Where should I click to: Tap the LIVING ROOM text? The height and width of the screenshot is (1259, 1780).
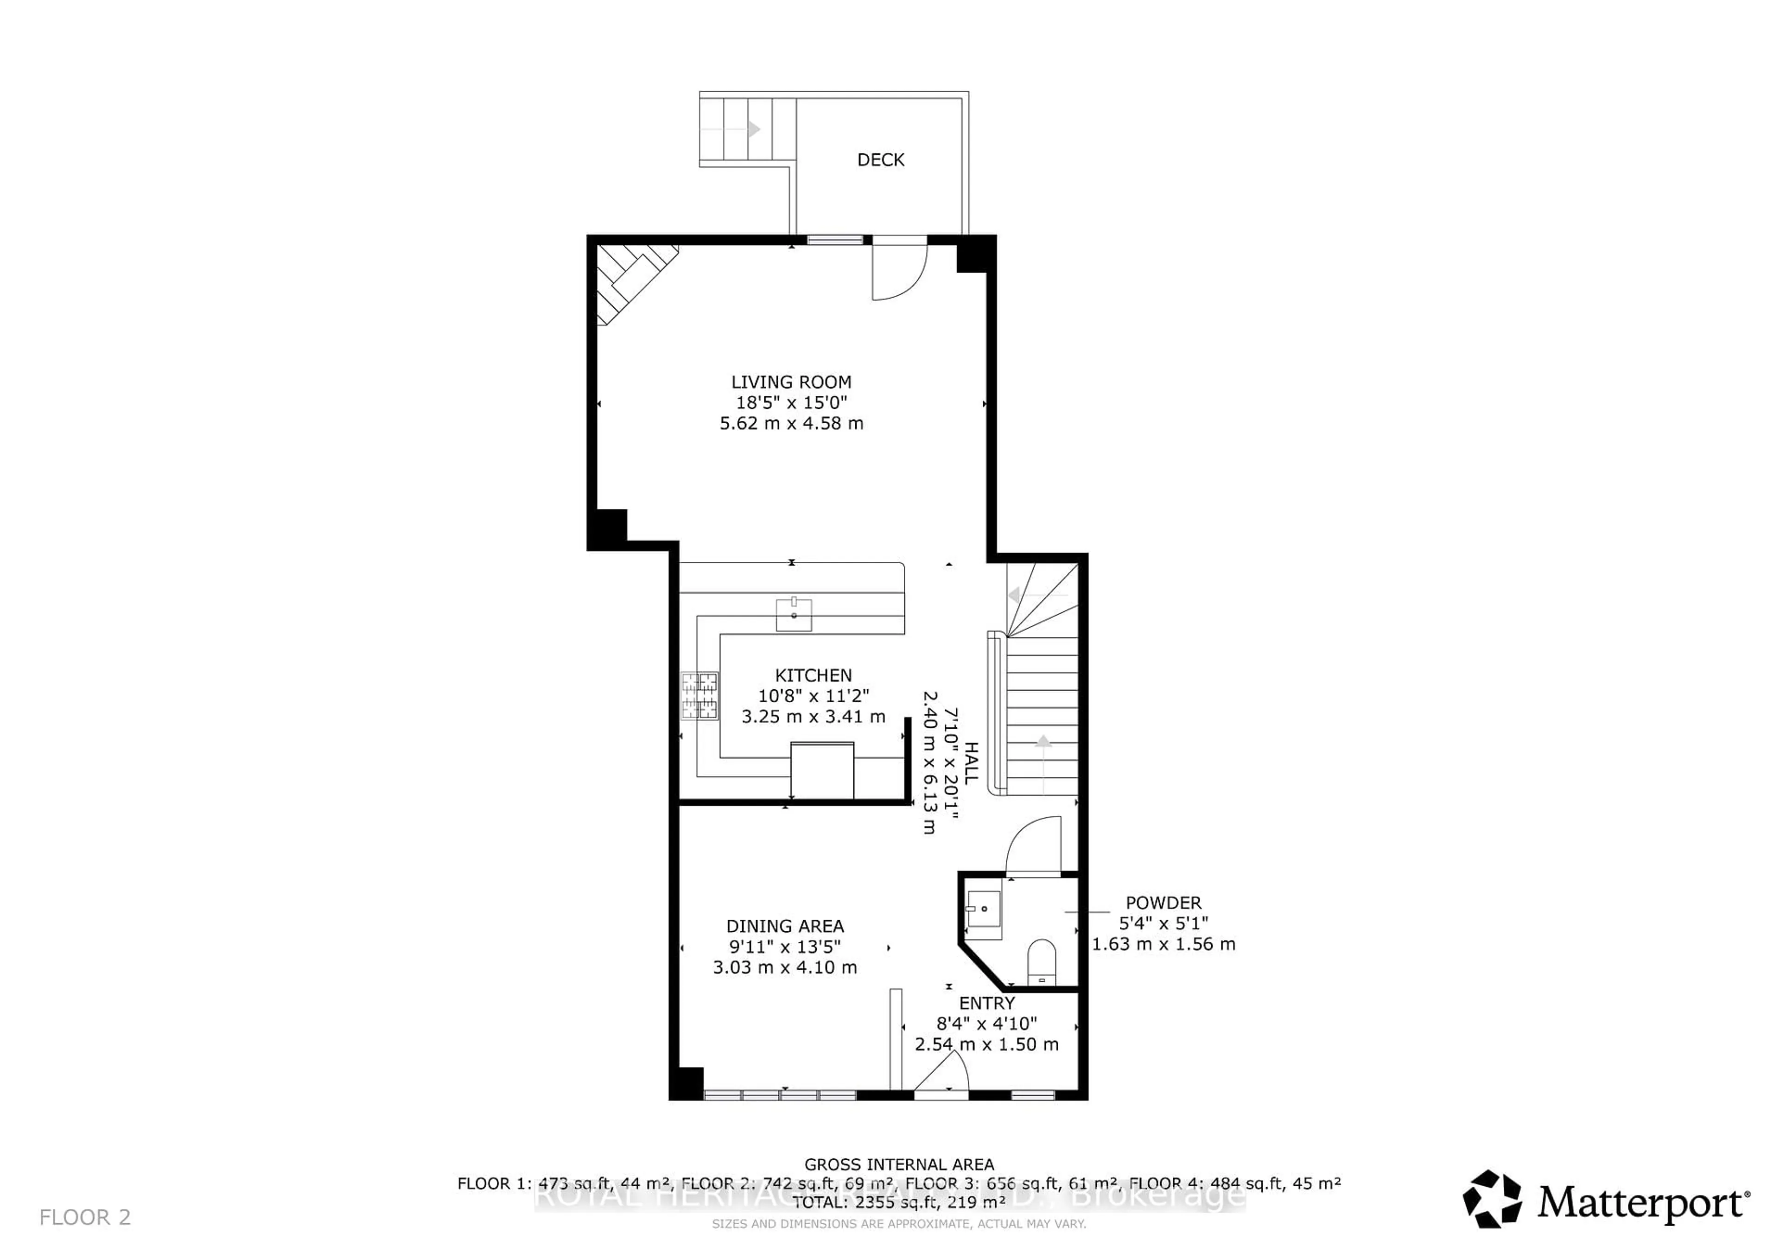click(791, 382)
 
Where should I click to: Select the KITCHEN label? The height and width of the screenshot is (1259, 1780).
click(813, 675)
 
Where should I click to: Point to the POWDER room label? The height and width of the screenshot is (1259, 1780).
click(1163, 903)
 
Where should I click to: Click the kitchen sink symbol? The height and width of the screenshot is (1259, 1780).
click(794, 614)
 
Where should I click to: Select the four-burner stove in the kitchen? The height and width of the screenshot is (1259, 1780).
click(699, 695)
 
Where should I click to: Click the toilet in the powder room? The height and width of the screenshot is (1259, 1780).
click(1041, 961)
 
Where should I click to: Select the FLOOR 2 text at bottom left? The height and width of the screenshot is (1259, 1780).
click(85, 1217)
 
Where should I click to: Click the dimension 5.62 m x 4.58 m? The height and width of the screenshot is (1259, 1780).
click(791, 423)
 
